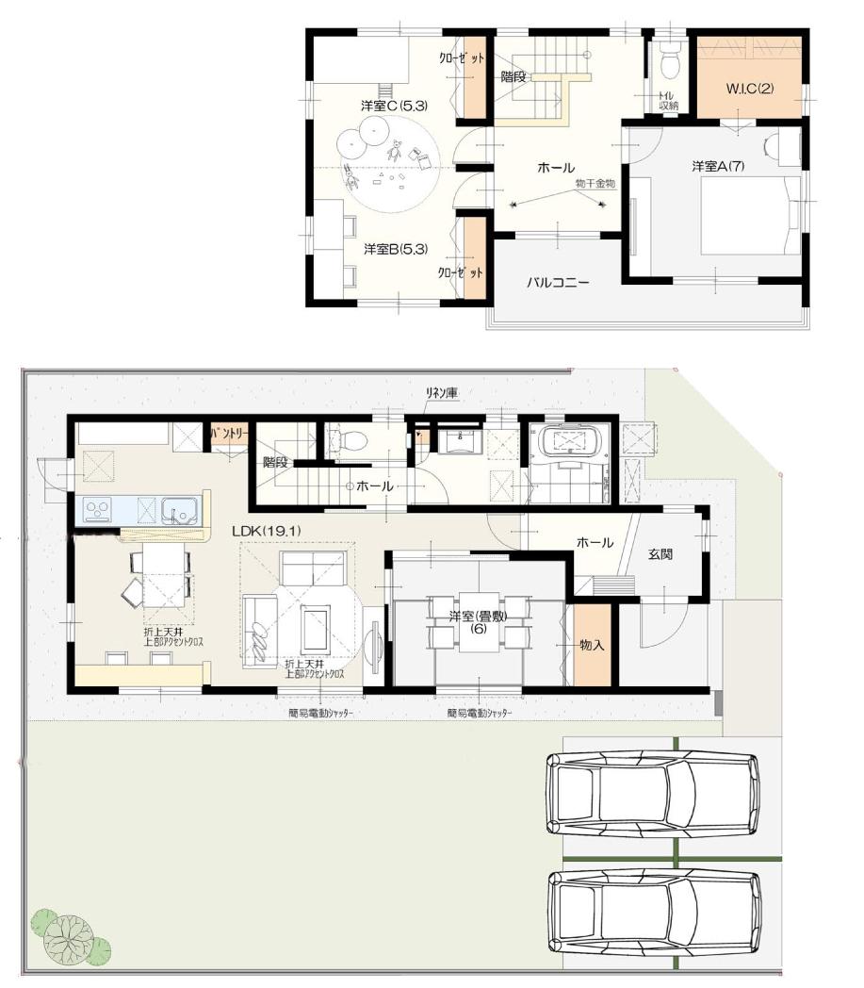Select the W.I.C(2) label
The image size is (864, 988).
pos(749,89)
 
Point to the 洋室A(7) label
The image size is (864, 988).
pos(718,166)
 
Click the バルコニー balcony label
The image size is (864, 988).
pos(557,281)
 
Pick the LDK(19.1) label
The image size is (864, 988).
pos(267,531)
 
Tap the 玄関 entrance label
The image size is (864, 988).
pos(660,554)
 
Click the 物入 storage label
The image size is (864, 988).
pos(592,646)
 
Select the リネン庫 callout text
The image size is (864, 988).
pos(441,393)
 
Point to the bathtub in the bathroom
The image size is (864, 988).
pos(571,441)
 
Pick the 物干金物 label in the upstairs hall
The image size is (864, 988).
pos(595,185)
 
